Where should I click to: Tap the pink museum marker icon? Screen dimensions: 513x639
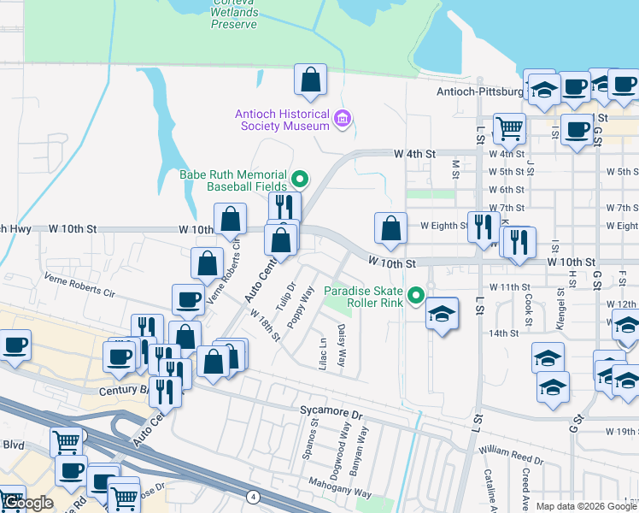(x=343, y=118)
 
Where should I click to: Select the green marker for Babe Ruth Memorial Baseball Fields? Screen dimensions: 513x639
(x=300, y=179)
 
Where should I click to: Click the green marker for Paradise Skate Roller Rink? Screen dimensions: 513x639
(x=416, y=297)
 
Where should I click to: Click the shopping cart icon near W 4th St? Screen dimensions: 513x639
(x=509, y=129)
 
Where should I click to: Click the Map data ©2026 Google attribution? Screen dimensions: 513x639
(x=586, y=506)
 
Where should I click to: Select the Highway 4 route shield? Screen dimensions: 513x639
(x=253, y=496)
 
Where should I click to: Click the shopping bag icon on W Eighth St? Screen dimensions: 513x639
(x=390, y=228)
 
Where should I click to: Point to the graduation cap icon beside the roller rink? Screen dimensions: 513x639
(x=442, y=314)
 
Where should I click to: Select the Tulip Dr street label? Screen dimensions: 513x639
(x=286, y=297)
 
